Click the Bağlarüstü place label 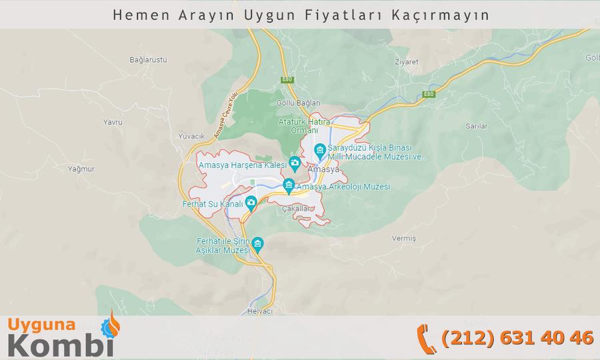[148, 60]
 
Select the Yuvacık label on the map [191, 136]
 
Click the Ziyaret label [406, 61]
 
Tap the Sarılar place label [477, 125]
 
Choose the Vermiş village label [404, 238]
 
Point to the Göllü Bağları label [298, 103]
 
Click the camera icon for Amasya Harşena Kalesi [295, 163]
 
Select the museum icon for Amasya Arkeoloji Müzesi [289, 185]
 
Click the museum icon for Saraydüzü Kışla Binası [320, 149]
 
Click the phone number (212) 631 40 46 [517, 337]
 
